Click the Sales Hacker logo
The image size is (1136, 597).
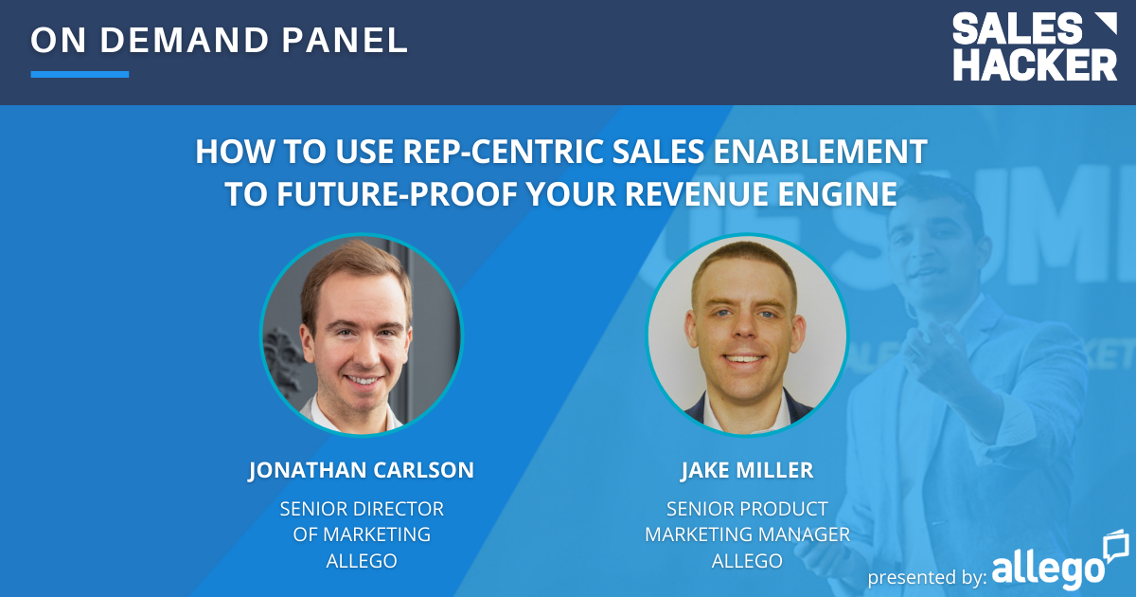[x=1034, y=46]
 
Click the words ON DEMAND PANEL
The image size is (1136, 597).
[x=220, y=40]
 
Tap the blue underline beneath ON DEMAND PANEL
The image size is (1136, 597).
[x=80, y=74]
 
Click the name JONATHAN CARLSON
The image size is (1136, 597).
[x=361, y=471]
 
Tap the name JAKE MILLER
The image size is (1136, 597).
[x=747, y=471]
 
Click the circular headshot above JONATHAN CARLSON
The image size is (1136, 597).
[x=361, y=335]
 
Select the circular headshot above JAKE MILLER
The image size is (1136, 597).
[x=747, y=335]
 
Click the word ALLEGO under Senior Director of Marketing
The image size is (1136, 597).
[x=361, y=560]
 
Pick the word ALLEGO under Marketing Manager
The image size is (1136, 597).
[x=747, y=560]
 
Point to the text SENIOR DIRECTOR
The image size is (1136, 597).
[x=361, y=509]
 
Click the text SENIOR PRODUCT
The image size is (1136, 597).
[x=747, y=509]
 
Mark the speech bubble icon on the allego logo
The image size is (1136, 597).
[x=1115, y=545]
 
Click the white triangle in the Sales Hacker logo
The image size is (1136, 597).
[x=1104, y=26]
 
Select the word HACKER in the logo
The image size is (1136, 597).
[x=1034, y=64]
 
